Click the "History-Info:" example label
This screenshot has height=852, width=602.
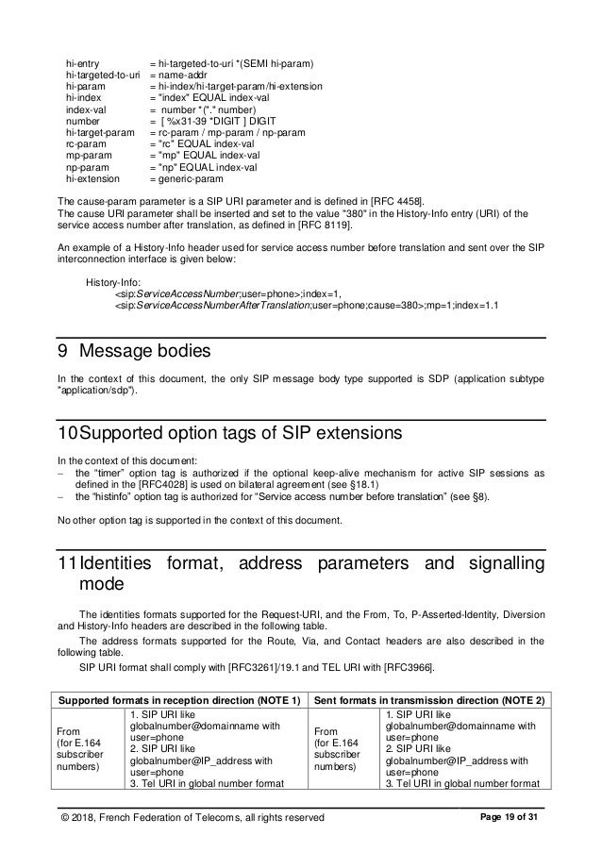(x=112, y=283)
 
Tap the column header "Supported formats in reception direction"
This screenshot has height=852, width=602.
(x=169, y=699)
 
